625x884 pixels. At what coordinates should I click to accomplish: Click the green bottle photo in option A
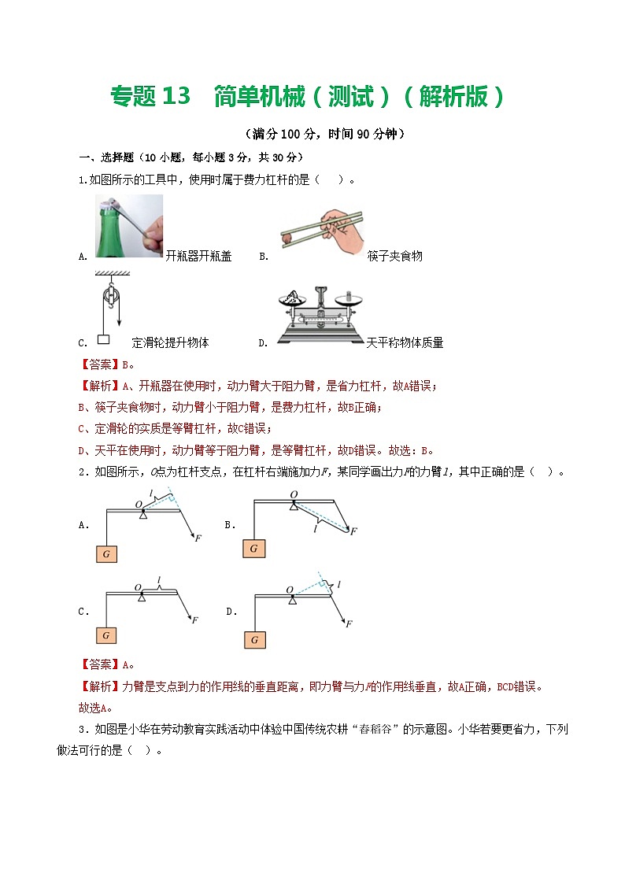tap(129, 227)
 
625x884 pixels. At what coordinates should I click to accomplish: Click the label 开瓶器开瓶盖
tap(199, 256)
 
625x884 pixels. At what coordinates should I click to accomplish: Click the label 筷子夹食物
tap(394, 256)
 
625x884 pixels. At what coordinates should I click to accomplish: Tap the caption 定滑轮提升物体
tap(170, 342)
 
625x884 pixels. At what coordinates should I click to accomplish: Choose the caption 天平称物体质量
tap(405, 342)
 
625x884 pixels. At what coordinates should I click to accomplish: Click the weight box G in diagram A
tap(105, 554)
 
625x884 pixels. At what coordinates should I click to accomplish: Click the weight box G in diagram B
tap(253, 548)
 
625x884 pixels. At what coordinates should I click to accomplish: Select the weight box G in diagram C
tap(105, 634)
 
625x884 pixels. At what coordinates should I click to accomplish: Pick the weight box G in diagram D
tap(254, 640)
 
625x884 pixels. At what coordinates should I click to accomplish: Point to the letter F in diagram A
tap(197, 538)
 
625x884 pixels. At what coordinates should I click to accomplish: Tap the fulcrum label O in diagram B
tap(293, 495)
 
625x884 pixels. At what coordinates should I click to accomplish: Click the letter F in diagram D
tap(348, 623)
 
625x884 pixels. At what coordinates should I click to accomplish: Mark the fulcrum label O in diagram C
tap(138, 587)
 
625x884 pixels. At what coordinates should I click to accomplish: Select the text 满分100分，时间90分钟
tap(324, 134)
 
